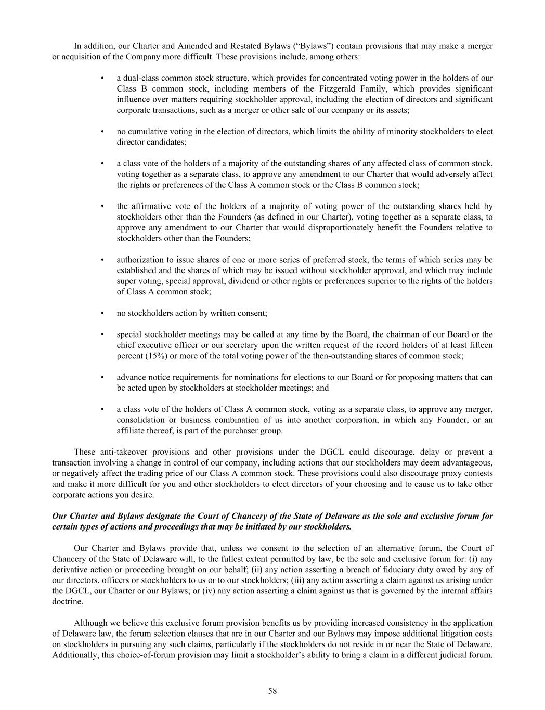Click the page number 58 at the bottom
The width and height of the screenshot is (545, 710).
[272, 691]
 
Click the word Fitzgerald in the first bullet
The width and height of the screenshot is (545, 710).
[329, 89]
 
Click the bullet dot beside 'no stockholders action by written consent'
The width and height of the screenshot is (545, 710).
[102, 313]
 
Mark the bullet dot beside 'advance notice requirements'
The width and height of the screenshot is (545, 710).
[102, 377]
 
